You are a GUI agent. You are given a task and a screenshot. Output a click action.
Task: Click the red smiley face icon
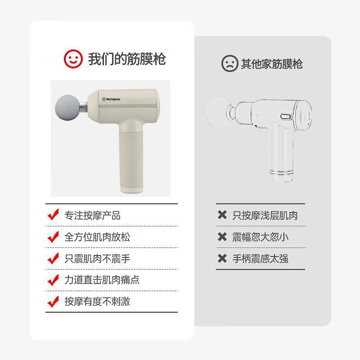[73, 59]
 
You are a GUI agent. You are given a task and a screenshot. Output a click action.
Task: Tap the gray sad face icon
[229, 63]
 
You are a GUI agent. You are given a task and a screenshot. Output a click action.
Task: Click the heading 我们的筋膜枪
[127, 59]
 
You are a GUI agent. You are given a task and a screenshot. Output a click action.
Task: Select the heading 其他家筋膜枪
[272, 64]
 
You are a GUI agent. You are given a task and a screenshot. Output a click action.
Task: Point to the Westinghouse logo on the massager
[111, 99]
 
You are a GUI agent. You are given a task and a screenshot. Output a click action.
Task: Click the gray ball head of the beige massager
[68, 107]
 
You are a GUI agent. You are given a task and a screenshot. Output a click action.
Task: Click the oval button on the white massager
[286, 117]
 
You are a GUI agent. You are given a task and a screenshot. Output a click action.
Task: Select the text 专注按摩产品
[93, 216]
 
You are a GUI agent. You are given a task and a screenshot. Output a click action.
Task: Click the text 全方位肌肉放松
[97, 237]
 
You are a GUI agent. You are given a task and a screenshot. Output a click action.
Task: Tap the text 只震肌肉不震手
[97, 259]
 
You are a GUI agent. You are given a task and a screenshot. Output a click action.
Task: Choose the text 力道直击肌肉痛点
[102, 280]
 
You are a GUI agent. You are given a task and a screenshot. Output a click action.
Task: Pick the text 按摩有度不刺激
[97, 301]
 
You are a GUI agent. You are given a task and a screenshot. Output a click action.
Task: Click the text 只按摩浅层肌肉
[265, 216]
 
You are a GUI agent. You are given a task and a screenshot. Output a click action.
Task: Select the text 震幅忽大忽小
[261, 237]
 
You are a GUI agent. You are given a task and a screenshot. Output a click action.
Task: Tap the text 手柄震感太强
[261, 259]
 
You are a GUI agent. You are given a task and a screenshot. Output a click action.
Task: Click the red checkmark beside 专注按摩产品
[53, 215]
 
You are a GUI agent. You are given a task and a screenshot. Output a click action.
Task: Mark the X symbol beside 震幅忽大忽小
[222, 237]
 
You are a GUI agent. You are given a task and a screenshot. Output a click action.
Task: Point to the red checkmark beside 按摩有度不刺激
[53, 301]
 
